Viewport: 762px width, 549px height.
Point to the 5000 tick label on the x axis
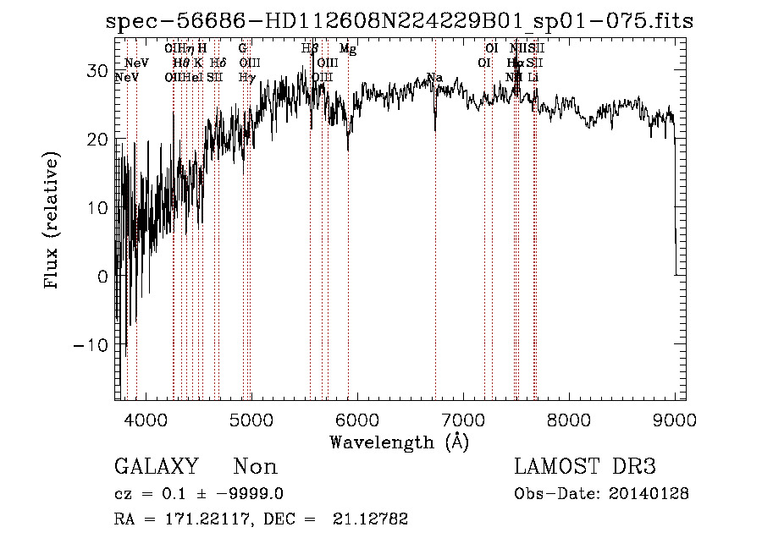pos(250,419)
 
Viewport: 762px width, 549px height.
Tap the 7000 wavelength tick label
pos(462,419)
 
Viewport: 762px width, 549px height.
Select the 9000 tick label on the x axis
pos(675,419)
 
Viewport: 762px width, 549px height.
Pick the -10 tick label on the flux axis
pos(91,345)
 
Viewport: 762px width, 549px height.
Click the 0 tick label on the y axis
pos(102,277)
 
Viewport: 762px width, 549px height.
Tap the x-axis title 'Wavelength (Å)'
pos(399,442)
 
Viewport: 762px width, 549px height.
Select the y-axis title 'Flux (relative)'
pos(53,222)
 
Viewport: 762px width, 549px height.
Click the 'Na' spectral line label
pos(435,78)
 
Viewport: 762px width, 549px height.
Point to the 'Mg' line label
pos(348,49)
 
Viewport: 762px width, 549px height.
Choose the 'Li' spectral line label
pos(533,77)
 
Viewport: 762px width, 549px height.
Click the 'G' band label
pos(243,49)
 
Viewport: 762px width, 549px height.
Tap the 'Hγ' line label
pos(247,77)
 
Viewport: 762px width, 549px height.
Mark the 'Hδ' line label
pos(218,63)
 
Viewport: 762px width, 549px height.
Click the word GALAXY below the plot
pos(156,467)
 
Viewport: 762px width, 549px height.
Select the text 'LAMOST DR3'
pos(585,467)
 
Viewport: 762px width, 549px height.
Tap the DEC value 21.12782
pos(373,519)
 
